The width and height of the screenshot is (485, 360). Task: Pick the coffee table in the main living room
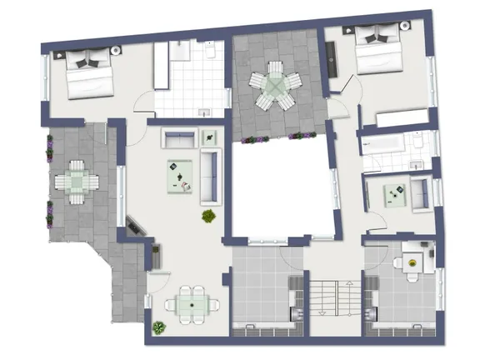click(x=181, y=172)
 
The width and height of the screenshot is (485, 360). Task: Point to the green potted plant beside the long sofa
click(x=208, y=217)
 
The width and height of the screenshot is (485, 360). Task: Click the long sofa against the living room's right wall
click(x=209, y=176)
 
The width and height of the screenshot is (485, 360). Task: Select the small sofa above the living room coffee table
click(x=177, y=139)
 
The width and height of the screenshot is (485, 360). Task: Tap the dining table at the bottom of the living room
click(x=192, y=304)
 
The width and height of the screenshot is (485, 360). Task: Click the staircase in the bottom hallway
click(x=331, y=298)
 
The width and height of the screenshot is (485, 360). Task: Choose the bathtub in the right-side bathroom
click(x=383, y=145)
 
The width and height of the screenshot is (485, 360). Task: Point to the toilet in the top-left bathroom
click(x=211, y=52)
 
